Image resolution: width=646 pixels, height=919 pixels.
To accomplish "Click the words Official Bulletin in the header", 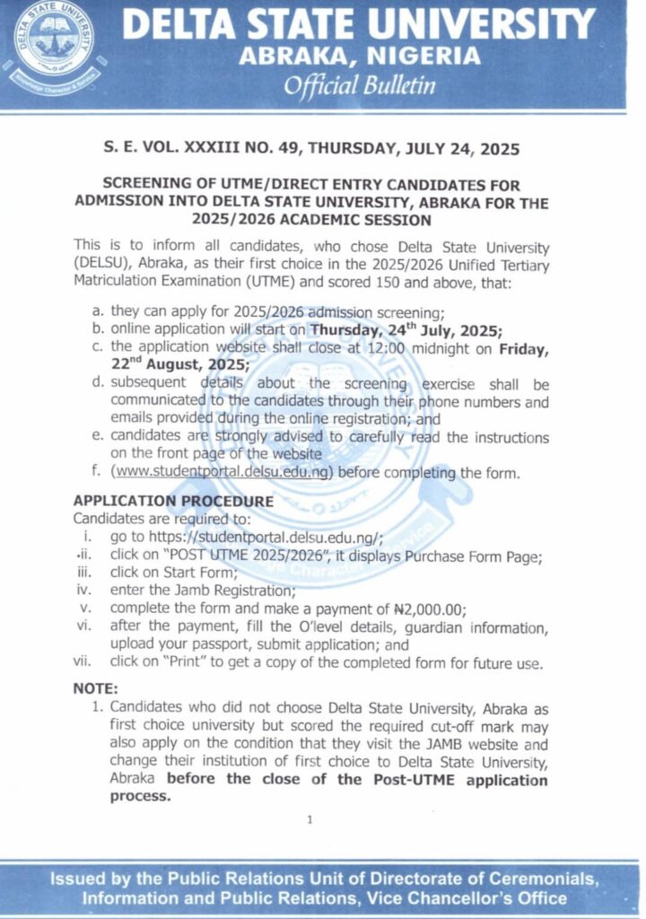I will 360,86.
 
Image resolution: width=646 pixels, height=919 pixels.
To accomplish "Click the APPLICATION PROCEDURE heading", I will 173,501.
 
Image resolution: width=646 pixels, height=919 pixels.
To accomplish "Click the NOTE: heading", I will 95,689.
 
